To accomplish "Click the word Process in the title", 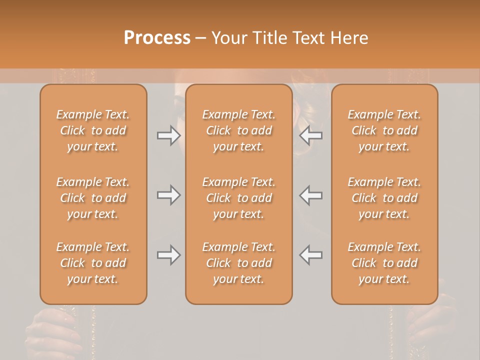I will point(157,37).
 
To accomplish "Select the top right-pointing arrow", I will point(168,135).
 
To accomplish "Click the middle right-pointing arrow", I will point(168,195).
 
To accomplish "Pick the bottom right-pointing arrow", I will point(168,255).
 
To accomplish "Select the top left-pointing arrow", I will point(311,135).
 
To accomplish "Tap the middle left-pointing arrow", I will point(311,195).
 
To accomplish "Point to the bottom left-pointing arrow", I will point(311,255).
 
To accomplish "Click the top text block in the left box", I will point(93,130).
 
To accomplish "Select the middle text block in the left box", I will point(93,198).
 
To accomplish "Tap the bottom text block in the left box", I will point(93,263).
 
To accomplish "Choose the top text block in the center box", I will point(238,130).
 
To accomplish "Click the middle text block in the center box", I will point(238,198).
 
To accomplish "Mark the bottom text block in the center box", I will point(238,263).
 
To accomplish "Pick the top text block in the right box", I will point(384,130).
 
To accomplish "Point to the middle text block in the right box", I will point(384,198).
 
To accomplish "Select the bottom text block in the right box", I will point(384,263).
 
